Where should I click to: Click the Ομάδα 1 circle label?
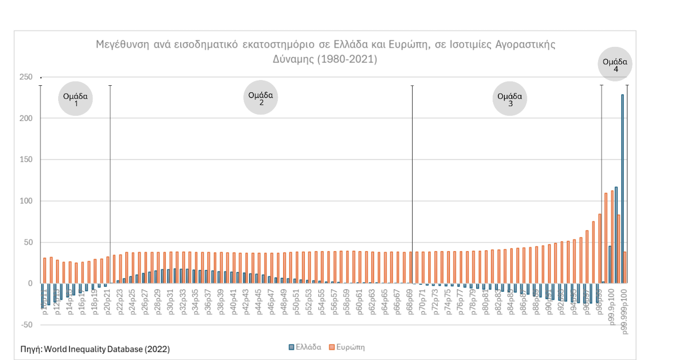[x=76, y=99]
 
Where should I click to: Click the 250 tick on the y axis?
[x=26, y=77]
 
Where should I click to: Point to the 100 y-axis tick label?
[x=26, y=201]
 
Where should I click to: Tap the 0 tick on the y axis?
[x=30, y=284]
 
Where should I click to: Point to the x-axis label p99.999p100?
[x=624, y=309]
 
